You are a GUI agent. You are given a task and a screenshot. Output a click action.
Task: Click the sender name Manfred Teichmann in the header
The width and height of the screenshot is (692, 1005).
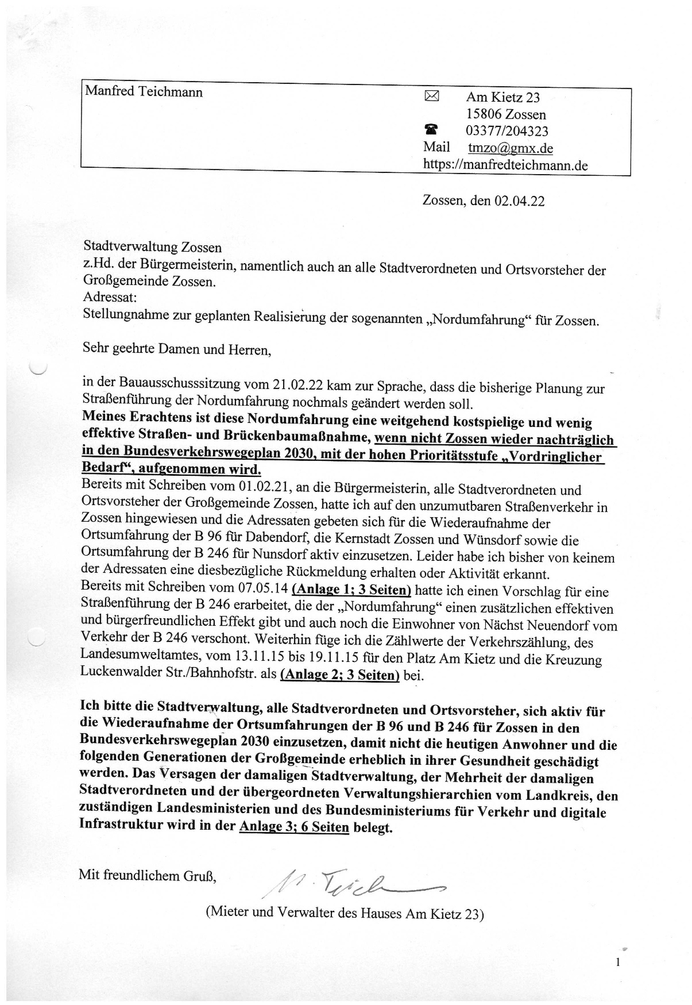tap(144, 92)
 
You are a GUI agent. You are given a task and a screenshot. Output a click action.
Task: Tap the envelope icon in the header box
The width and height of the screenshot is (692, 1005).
tap(431, 97)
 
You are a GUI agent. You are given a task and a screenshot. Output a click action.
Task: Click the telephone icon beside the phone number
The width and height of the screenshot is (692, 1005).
tap(431, 130)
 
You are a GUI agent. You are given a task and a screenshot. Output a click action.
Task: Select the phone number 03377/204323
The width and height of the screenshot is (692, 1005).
tap(507, 132)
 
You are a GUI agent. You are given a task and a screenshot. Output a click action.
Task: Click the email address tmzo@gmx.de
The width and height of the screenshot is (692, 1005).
tap(510, 148)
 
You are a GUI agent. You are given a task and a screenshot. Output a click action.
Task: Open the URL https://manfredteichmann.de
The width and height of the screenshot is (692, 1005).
tap(505, 165)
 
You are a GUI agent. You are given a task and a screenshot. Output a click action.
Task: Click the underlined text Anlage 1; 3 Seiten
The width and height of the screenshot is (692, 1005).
tap(351, 590)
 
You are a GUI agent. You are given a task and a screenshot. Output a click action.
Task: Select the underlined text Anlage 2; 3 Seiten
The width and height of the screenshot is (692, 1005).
tap(339, 675)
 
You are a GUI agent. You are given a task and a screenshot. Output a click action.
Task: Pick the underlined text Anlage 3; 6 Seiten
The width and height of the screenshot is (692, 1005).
tap(294, 827)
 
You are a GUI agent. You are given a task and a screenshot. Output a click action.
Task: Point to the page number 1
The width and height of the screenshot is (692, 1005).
tap(617, 962)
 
